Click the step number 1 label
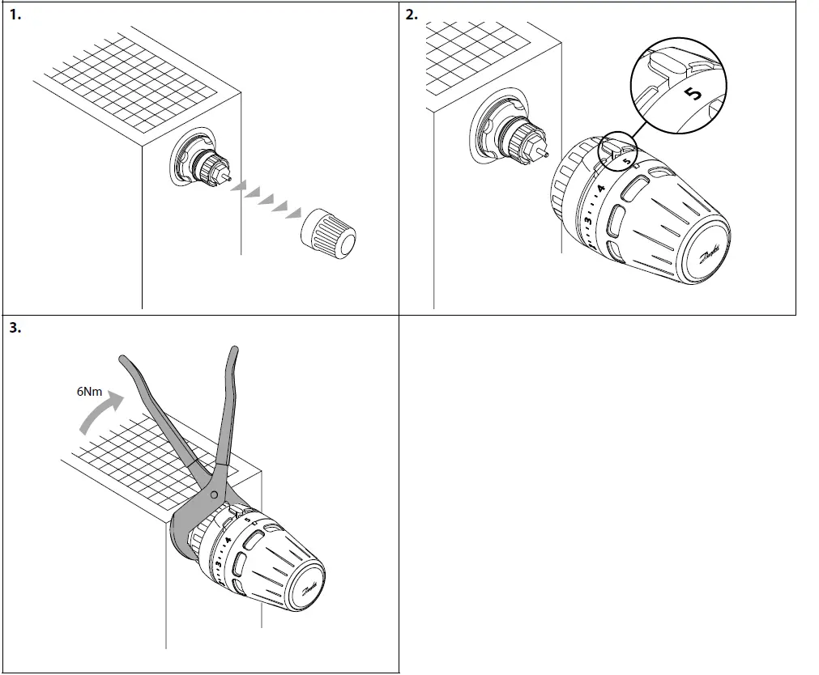[14, 15]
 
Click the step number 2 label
[411, 15]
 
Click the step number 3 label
[14, 328]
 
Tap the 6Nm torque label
[90, 391]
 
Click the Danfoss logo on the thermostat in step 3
[311, 588]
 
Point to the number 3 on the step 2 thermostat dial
[589, 221]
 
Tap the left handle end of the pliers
[124, 359]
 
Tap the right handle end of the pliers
[234, 352]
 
